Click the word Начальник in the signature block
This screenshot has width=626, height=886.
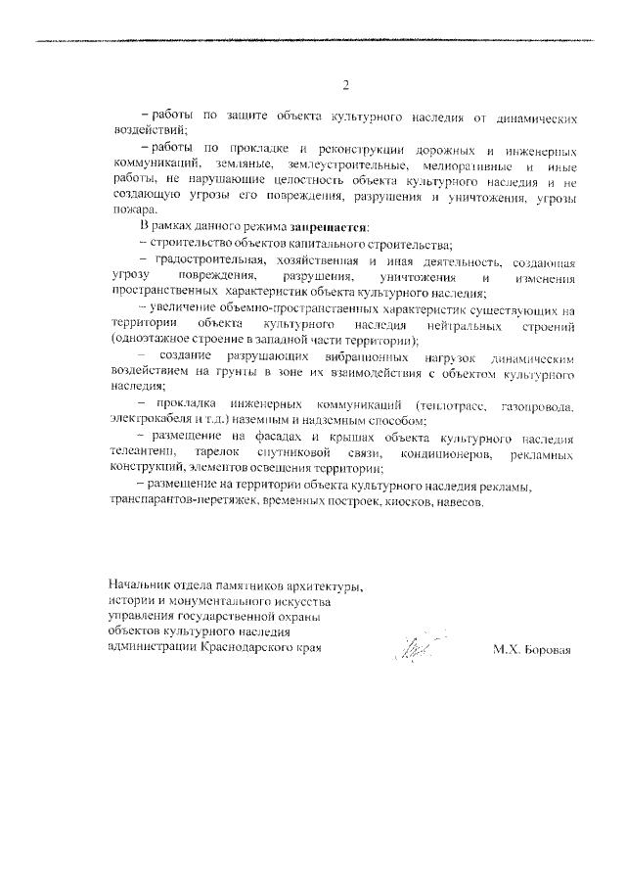pos(144,587)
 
